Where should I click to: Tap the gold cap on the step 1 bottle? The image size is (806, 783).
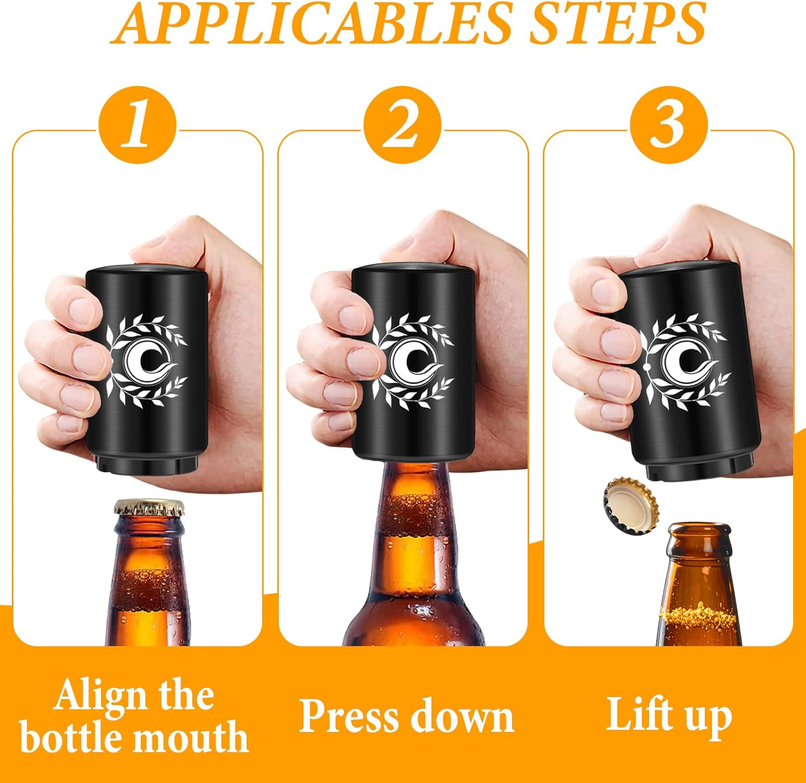pos(148,507)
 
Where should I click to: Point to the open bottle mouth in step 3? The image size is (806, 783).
pos(699,529)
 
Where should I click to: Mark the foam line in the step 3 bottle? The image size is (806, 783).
pos(699,619)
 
